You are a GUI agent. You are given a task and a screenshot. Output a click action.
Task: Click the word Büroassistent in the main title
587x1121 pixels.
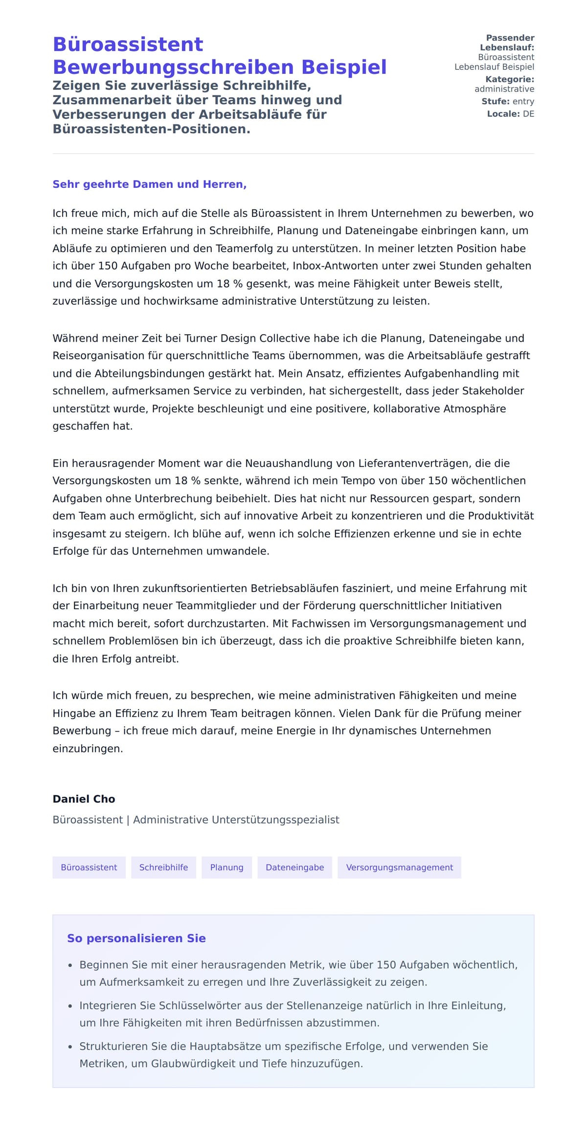click(128, 45)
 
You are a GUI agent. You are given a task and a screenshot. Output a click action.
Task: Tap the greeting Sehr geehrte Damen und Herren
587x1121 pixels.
click(149, 184)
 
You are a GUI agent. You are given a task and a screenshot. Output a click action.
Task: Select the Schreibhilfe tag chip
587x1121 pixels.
click(163, 868)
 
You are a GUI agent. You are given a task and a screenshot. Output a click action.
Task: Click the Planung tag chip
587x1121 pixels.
click(226, 868)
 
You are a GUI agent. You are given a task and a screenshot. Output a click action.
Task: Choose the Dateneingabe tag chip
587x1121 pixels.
click(294, 868)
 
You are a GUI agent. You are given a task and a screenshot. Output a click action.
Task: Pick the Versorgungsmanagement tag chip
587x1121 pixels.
click(399, 868)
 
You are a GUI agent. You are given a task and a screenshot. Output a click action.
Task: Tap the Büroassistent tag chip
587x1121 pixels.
click(89, 868)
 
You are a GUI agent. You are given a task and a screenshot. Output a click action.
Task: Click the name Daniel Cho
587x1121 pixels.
click(84, 799)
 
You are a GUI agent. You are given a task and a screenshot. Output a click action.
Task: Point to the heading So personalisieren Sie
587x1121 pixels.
click(136, 938)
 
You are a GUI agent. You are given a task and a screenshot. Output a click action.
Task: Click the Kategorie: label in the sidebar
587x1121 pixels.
click(509, 79)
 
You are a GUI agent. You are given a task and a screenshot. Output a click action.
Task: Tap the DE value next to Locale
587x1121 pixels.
click(528, 114)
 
